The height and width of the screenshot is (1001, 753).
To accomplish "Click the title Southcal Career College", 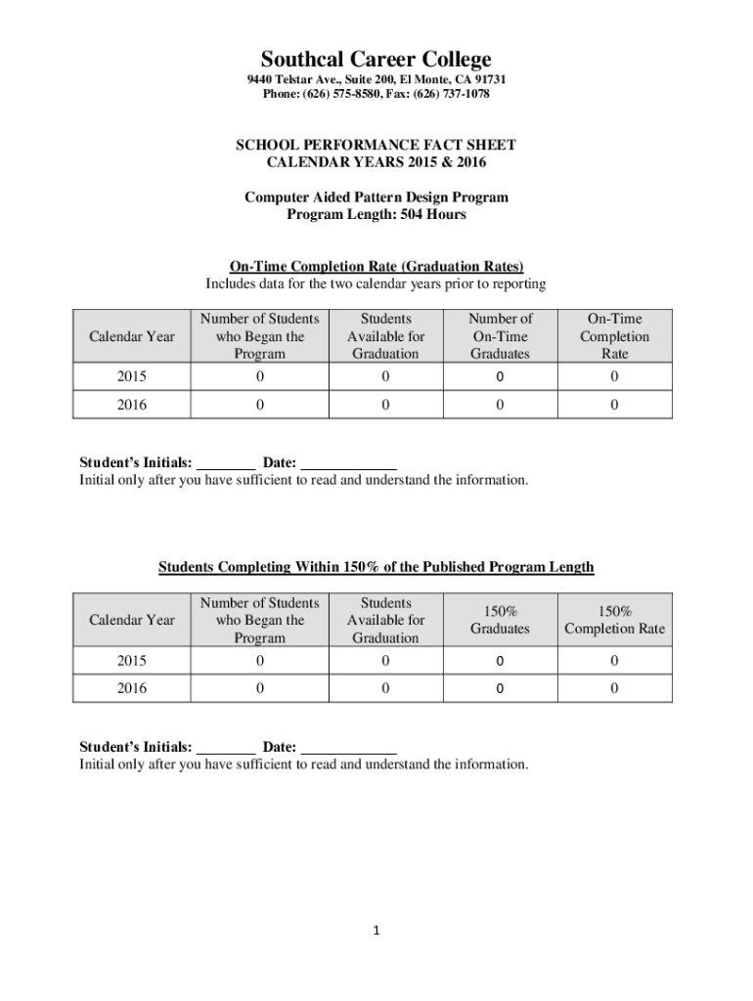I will [x=376, y=60].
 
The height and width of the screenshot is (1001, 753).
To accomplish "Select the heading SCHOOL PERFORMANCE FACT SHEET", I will [x=376, y=145].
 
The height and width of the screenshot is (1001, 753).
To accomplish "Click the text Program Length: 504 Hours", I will [x=376, y=215].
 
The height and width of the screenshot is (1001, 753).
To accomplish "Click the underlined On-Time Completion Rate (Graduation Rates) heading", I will [x=376, y=266].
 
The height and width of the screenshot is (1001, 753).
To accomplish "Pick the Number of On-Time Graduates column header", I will [x=500, y=336].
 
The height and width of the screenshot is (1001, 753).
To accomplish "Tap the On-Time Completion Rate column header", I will [x=614, y=336].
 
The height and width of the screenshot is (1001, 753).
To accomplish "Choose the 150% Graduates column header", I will [x=500, y=620].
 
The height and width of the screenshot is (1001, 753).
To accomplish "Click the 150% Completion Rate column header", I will [x=614, y=620].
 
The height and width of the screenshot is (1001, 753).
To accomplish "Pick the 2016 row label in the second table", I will [x=132, y=688].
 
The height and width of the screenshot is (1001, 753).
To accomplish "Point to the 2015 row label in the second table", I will [x=132, y=662].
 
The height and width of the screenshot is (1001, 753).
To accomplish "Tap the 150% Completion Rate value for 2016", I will [x=614, y=688].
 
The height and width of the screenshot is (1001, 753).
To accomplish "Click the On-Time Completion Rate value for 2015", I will [x=614, y=377].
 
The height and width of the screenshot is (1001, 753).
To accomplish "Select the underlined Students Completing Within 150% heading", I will [x=376, y=568].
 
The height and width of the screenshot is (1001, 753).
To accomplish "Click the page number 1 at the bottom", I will [x=376, y=931].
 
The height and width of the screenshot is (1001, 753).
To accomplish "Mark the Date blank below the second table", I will [x=348, y=748].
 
